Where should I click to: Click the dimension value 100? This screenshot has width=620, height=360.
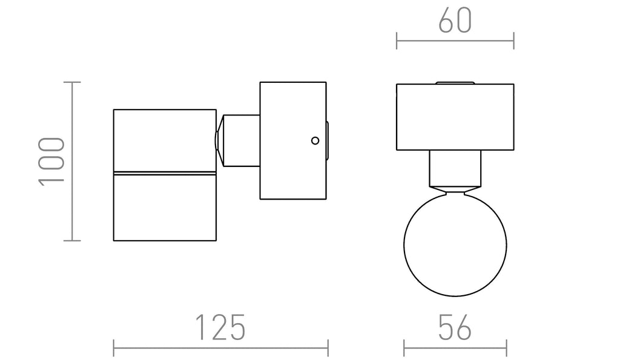tap(51, 161)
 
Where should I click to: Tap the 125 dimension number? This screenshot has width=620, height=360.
tap(220, 327)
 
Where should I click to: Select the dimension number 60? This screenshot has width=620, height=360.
tap(455, 20)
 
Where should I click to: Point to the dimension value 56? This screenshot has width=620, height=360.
tap(455, 327)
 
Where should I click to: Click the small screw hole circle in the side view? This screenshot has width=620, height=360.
tap(315, 140)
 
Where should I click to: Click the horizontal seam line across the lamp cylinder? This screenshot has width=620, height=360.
tap(165, 172)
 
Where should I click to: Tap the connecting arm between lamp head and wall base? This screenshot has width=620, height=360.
tap(242, 141)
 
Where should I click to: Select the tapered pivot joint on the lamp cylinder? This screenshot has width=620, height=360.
tap(219, 141)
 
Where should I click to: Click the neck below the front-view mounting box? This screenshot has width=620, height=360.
tap(455, 168)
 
